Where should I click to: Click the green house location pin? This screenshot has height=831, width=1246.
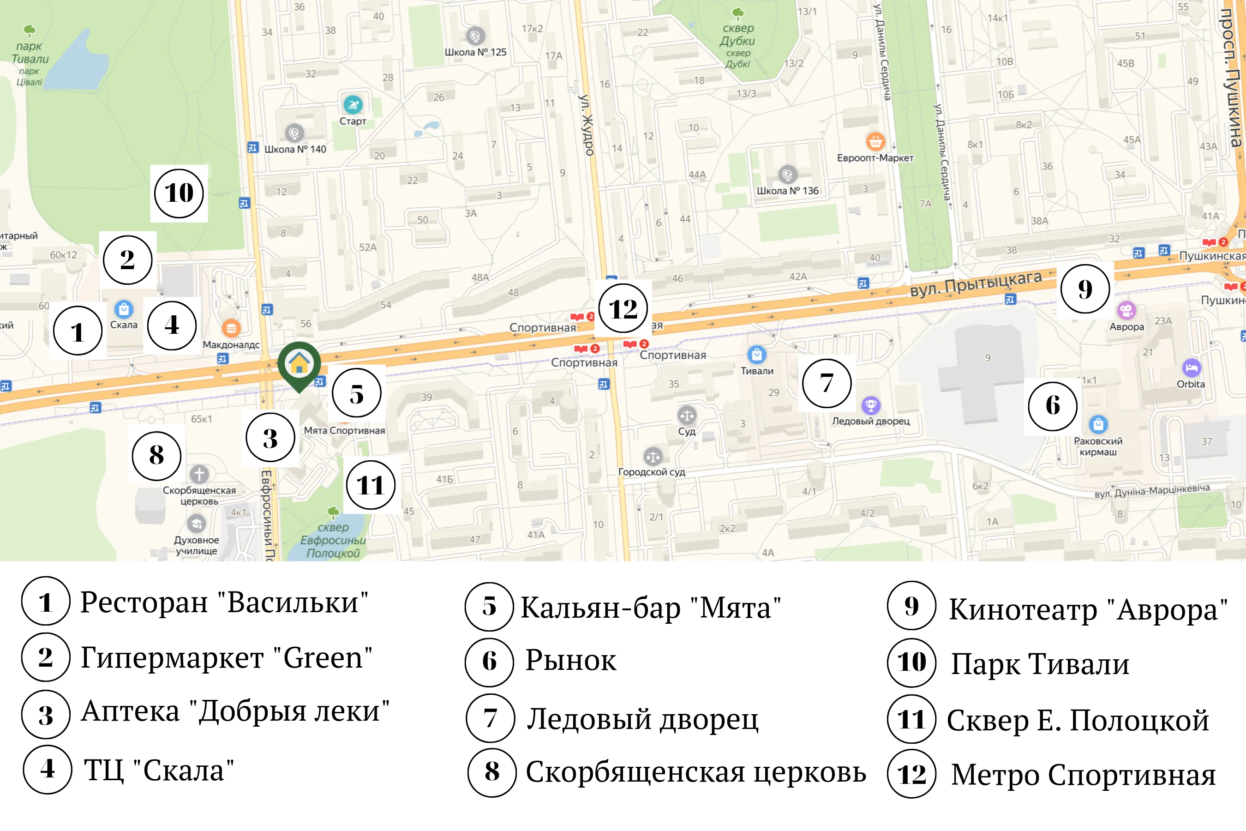(300, 364)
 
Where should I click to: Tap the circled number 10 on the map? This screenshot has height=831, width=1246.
(179, 193)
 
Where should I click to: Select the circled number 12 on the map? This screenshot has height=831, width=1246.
(623, 308)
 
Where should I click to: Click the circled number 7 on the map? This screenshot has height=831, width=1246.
(827, 383)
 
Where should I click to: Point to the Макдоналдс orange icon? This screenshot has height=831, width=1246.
(231, 329)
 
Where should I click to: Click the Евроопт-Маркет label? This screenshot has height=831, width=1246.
(875, 158)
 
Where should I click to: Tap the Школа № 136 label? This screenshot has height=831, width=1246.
(787, 191)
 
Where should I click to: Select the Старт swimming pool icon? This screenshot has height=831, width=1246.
(353, 104)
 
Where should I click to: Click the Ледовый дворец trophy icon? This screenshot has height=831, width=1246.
(870, 405)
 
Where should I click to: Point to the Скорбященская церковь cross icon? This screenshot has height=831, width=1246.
(199, 474)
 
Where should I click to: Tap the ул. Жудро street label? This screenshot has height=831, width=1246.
(586, 125)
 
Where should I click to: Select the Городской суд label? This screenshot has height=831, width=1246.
(652, 472)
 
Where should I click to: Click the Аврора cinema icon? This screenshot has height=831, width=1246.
(1126, 310)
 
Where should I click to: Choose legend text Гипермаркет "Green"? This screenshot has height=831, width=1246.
(226, 658)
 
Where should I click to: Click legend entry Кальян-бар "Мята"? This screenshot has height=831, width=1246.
(651, 608)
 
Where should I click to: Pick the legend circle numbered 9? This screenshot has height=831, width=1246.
(911, 606)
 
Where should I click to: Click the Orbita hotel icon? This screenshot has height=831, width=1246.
(1192, 368)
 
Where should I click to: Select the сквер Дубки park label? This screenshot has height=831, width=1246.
(737, 35)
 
